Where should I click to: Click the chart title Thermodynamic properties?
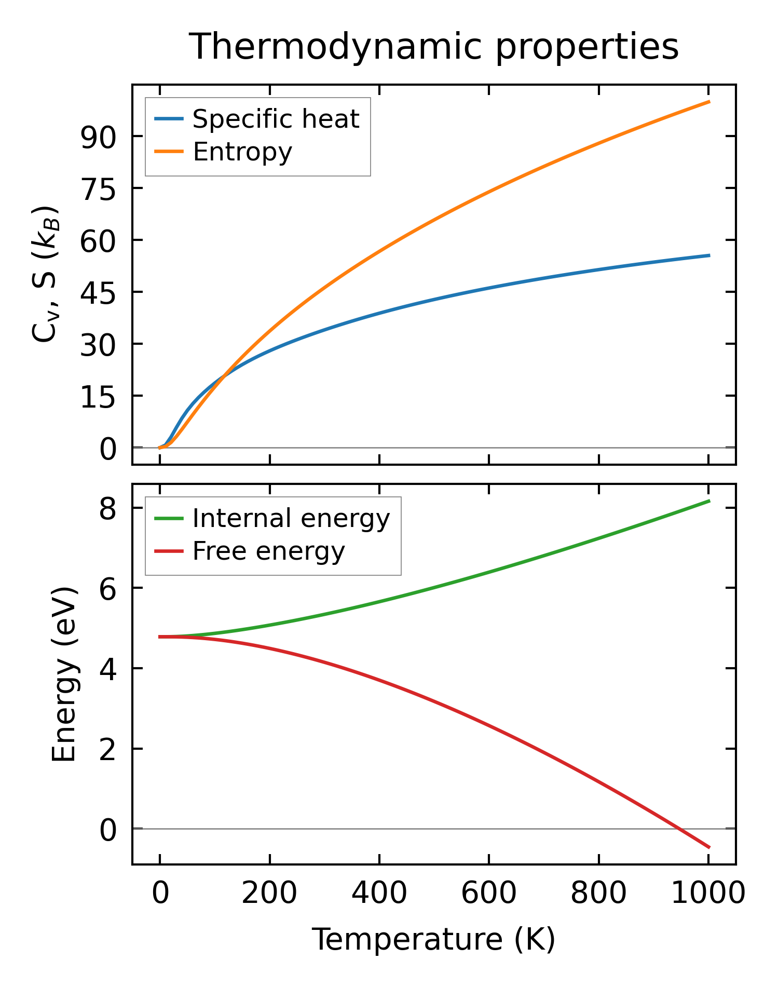pyautogui.click(x=433, y=47)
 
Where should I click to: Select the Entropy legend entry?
pyautogui.click(x=242, y=152)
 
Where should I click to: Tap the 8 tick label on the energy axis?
pyautogui.click(x=107, y=509)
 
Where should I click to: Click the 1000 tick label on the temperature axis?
pyautogui.click(x=708, y=894)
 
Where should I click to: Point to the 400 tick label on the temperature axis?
pyautogui.click(x=379, y=894)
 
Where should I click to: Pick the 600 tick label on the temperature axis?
pyautogui.click(x=489, y=894)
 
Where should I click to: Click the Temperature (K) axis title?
pyautogui.click(x=433, y=940)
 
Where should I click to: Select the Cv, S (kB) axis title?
pyautogui.click(x=46, y=274)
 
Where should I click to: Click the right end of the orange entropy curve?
pyautogui.click(x=709, y=102)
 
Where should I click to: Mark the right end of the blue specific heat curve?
pyautogui.click(x=709, y=255)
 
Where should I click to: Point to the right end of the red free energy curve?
pyautogui.click(x=709, y=847)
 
